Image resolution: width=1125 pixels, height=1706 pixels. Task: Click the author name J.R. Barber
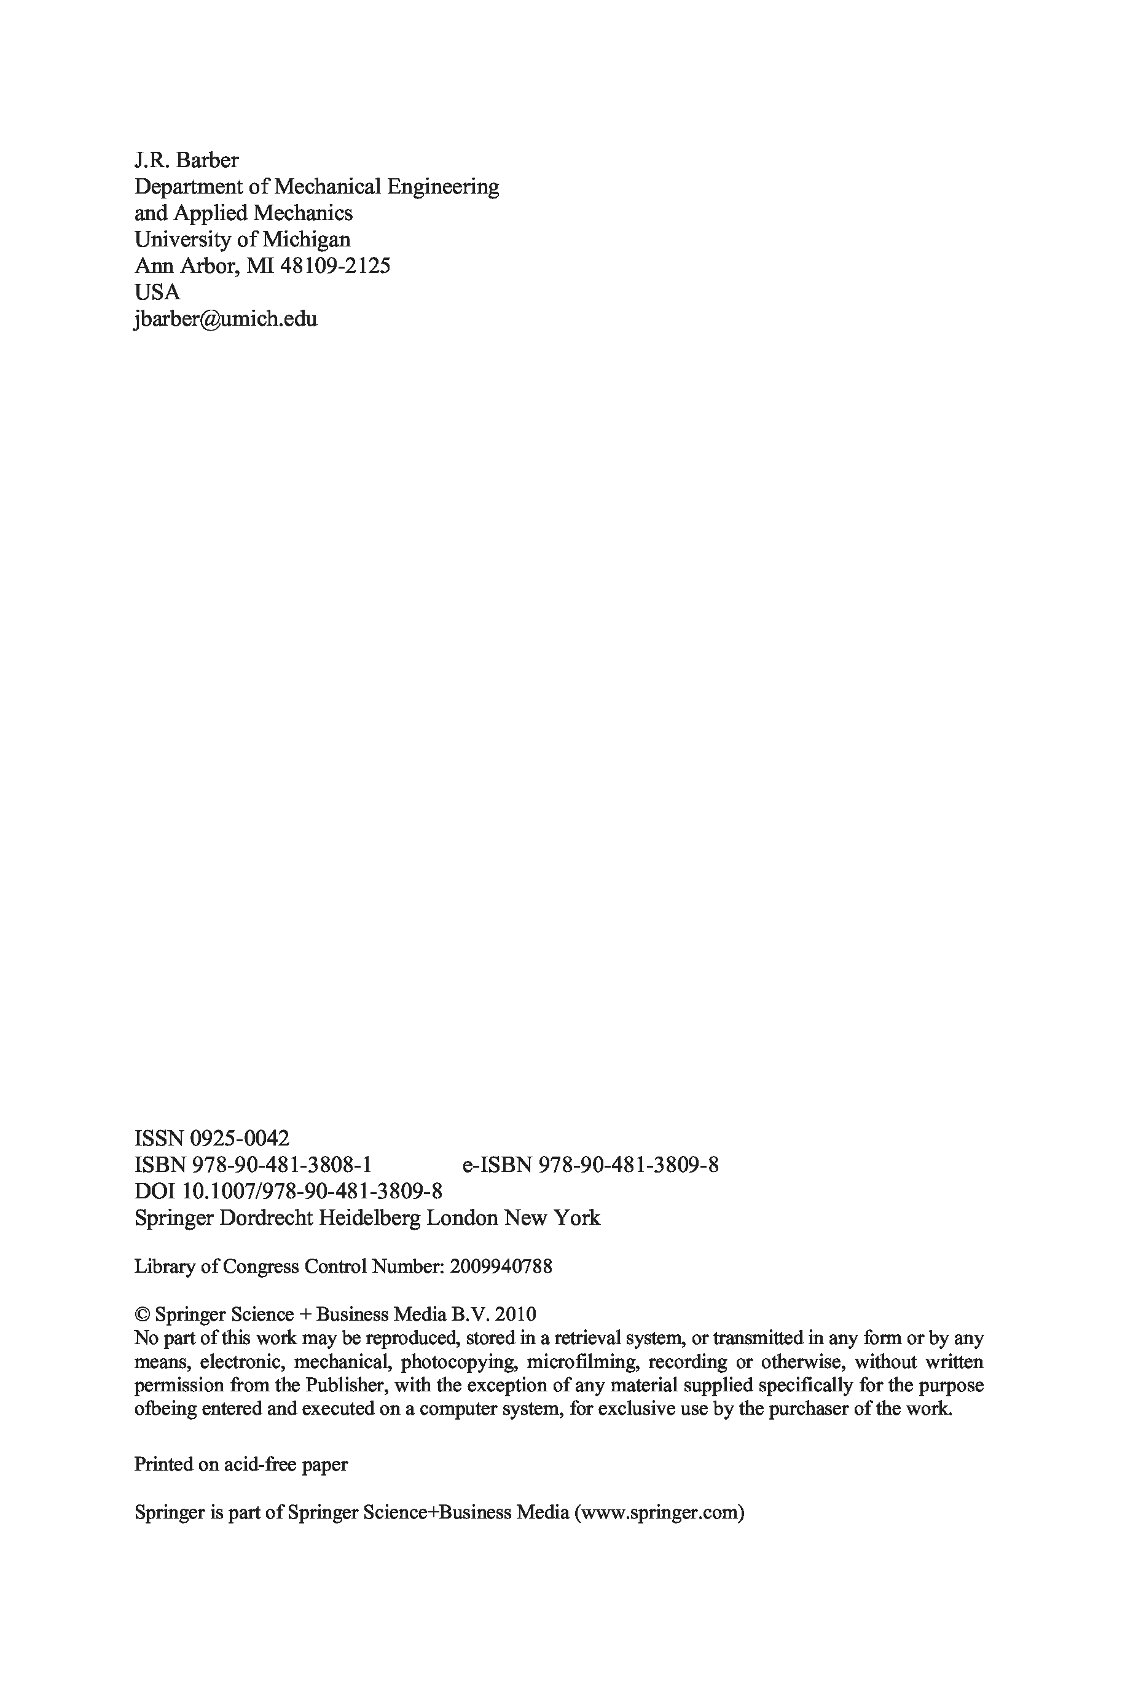(187, 160)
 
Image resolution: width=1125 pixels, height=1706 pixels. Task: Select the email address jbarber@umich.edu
(225, 319)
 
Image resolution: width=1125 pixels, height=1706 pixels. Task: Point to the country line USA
(157, 293)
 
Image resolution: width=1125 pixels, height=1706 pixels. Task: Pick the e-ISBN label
(497, 1165)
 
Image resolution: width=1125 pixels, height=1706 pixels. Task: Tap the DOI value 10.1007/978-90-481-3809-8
(312, 1192)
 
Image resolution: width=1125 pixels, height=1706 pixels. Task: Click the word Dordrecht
(265, 1218)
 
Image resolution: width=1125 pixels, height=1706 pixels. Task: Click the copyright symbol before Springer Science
(141, 1315)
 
